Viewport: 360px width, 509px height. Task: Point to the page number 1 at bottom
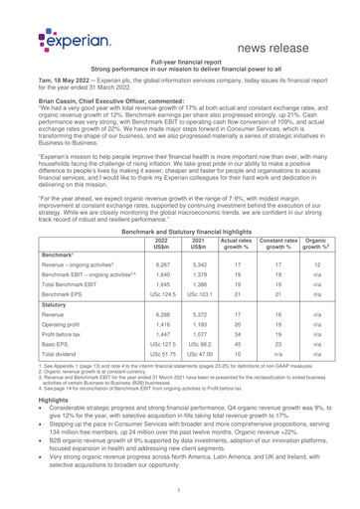coord(179,491)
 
